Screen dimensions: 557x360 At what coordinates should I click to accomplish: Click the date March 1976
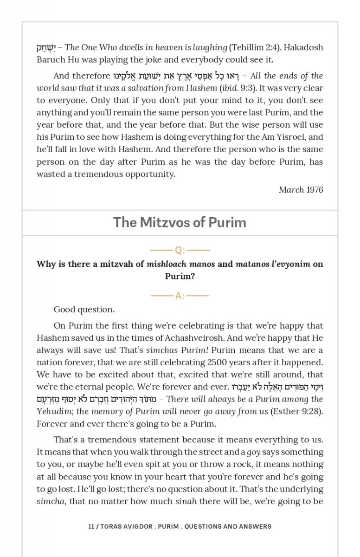coord(301,189)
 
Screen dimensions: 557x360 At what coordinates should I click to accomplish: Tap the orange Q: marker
coord(180,251)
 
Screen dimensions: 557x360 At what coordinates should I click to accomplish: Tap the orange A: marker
coord(180,296)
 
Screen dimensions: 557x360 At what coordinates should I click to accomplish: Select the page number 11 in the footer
coord(91,526)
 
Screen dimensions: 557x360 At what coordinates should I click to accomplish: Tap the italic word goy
coord(253,452)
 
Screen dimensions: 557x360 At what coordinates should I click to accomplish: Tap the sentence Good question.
coord(84,310)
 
